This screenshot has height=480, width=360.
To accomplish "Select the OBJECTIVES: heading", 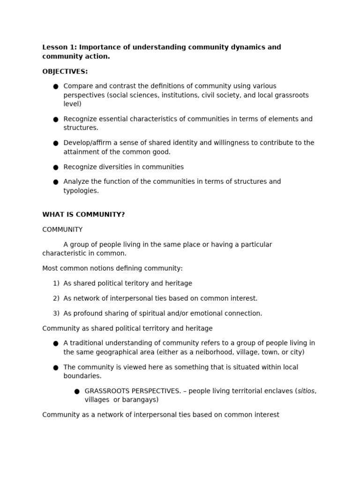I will (x=65, y=72).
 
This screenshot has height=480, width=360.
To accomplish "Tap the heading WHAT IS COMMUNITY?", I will (x=83, y=215).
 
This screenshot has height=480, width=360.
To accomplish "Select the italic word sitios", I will (x=306, y=391).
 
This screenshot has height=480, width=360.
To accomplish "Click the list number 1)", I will (x=56, y=284).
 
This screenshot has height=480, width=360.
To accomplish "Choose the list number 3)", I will (x=56, y=314).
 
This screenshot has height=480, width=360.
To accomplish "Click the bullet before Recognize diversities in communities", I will (x=56, y=167).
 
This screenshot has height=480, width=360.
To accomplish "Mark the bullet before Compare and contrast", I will (x=56, y=87).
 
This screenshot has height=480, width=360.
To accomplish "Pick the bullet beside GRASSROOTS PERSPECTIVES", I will (x=77, y=391).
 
